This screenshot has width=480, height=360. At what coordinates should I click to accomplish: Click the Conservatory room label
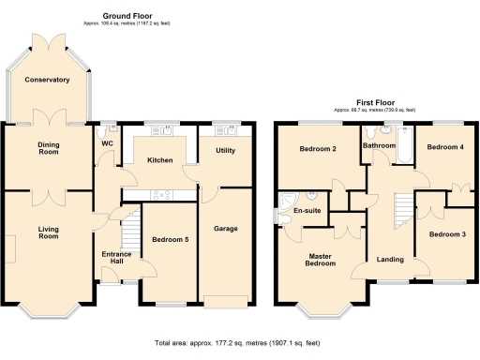[49, 80]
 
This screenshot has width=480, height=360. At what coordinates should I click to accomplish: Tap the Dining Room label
[49, 149]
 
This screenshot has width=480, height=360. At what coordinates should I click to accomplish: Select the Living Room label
[49, 232]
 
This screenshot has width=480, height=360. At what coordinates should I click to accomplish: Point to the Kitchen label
[159, 160]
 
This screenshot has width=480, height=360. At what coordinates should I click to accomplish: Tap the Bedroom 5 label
[171, 240]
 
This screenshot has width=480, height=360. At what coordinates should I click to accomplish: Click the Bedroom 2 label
[318, 149]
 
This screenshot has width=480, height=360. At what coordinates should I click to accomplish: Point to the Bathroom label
[380, 146]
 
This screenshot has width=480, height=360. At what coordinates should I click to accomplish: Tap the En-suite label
[307, 211]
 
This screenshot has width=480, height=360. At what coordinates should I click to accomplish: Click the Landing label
[390, 260]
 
